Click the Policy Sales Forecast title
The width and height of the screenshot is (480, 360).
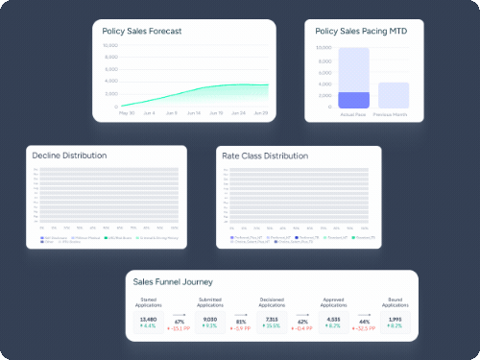[142, 31]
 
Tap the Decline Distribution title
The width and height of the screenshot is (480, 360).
[69, 156]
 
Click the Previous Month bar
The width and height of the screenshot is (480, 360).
[394, 95]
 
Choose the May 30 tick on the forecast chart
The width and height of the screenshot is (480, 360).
[126, 112]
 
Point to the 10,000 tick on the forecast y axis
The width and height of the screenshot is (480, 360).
[110, 45]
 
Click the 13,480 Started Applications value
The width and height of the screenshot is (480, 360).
[148, 318]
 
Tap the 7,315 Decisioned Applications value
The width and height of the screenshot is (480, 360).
[272, 318]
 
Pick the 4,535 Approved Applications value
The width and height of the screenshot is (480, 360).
[333, 318]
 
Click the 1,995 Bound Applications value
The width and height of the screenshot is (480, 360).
[396, 318]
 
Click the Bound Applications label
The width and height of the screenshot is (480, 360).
[396, 304]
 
